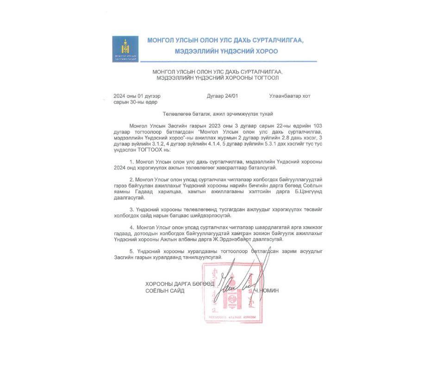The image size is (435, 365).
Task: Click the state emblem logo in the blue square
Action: (125, 48)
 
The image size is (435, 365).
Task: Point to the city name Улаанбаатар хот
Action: (290, 96)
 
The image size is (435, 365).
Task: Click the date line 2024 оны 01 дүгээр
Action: (137, 96)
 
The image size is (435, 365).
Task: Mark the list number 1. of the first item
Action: (132, 161)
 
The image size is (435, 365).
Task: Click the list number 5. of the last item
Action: (132, 251)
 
